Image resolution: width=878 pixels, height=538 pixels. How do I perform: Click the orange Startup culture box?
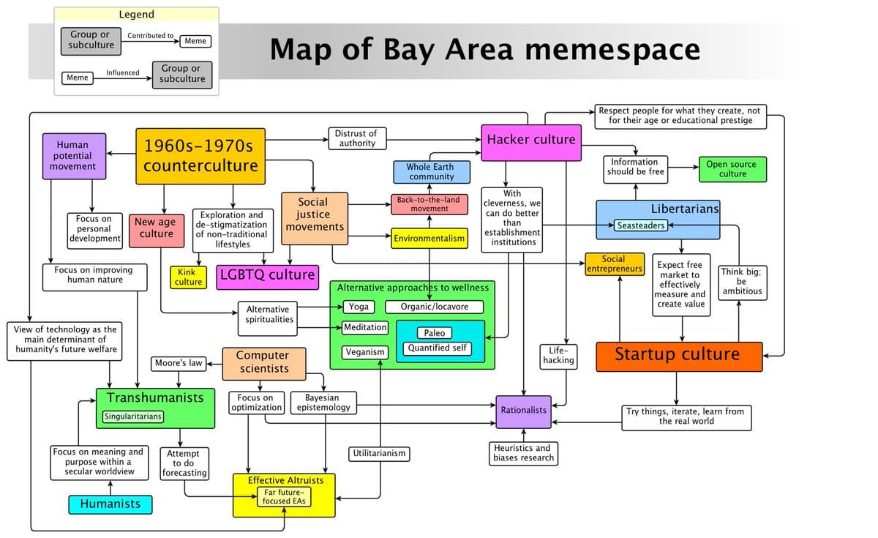[x=678, y=356]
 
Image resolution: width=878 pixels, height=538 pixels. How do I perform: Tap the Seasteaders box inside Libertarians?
[x=640, y=225]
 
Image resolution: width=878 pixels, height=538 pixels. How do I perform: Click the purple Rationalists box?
[x=523, y=411]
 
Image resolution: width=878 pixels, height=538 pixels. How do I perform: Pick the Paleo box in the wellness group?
[x=435, y=333]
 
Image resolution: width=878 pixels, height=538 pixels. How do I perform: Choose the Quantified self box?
[x=439, y=348]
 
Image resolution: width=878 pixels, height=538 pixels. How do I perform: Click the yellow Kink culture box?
[x=188, y=277]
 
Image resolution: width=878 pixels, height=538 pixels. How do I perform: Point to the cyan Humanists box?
[x=110, y=504]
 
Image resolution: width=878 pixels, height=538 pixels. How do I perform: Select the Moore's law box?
[x=179, y=363]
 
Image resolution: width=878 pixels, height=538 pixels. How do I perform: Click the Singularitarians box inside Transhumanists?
[x=132, y=416]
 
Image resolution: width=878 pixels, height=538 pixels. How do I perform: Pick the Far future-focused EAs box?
[x=284, y=497]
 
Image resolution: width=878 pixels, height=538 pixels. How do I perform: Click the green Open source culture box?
[x=732, y=169]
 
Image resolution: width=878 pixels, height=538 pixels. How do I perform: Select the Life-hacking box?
[x=558, y=355]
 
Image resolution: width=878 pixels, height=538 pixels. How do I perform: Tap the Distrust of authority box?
[x=357, y=138]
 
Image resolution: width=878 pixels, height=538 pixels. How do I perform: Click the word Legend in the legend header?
[x=136, y=14]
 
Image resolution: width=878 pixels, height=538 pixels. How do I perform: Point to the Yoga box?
[x=359, y=307]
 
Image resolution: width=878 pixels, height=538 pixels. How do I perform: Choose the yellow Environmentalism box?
[x=429, y=239]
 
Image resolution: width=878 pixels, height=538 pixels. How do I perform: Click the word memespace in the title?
[x=612, y=50]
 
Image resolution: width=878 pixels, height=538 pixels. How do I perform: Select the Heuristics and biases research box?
[x=522, y=453]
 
